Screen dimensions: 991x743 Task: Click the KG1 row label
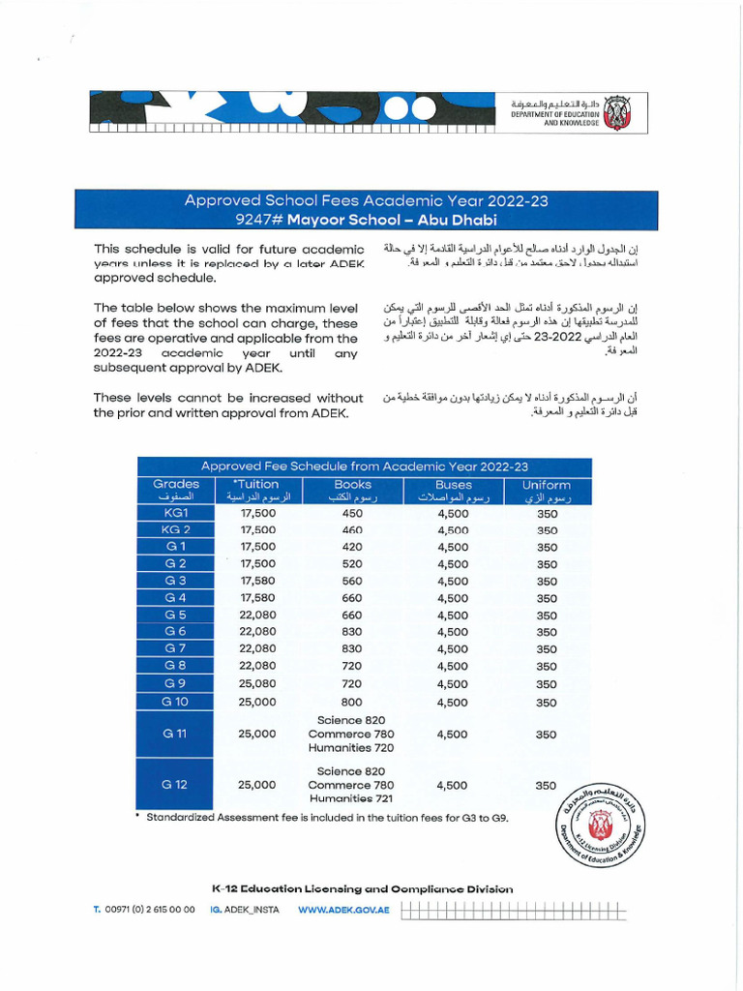click(176, 513)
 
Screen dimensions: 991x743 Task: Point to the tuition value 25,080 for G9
click(257, 684)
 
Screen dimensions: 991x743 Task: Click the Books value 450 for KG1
click(352, 514)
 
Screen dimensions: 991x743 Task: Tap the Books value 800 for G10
click(352, 702)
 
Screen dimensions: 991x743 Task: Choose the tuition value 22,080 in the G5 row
click(257, 616)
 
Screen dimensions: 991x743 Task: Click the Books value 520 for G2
click(352, 564)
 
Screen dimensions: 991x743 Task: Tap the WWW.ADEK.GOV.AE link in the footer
click(343, 911)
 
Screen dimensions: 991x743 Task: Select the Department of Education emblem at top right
click(616, 114)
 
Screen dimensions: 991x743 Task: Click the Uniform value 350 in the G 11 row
click(547, 735)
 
